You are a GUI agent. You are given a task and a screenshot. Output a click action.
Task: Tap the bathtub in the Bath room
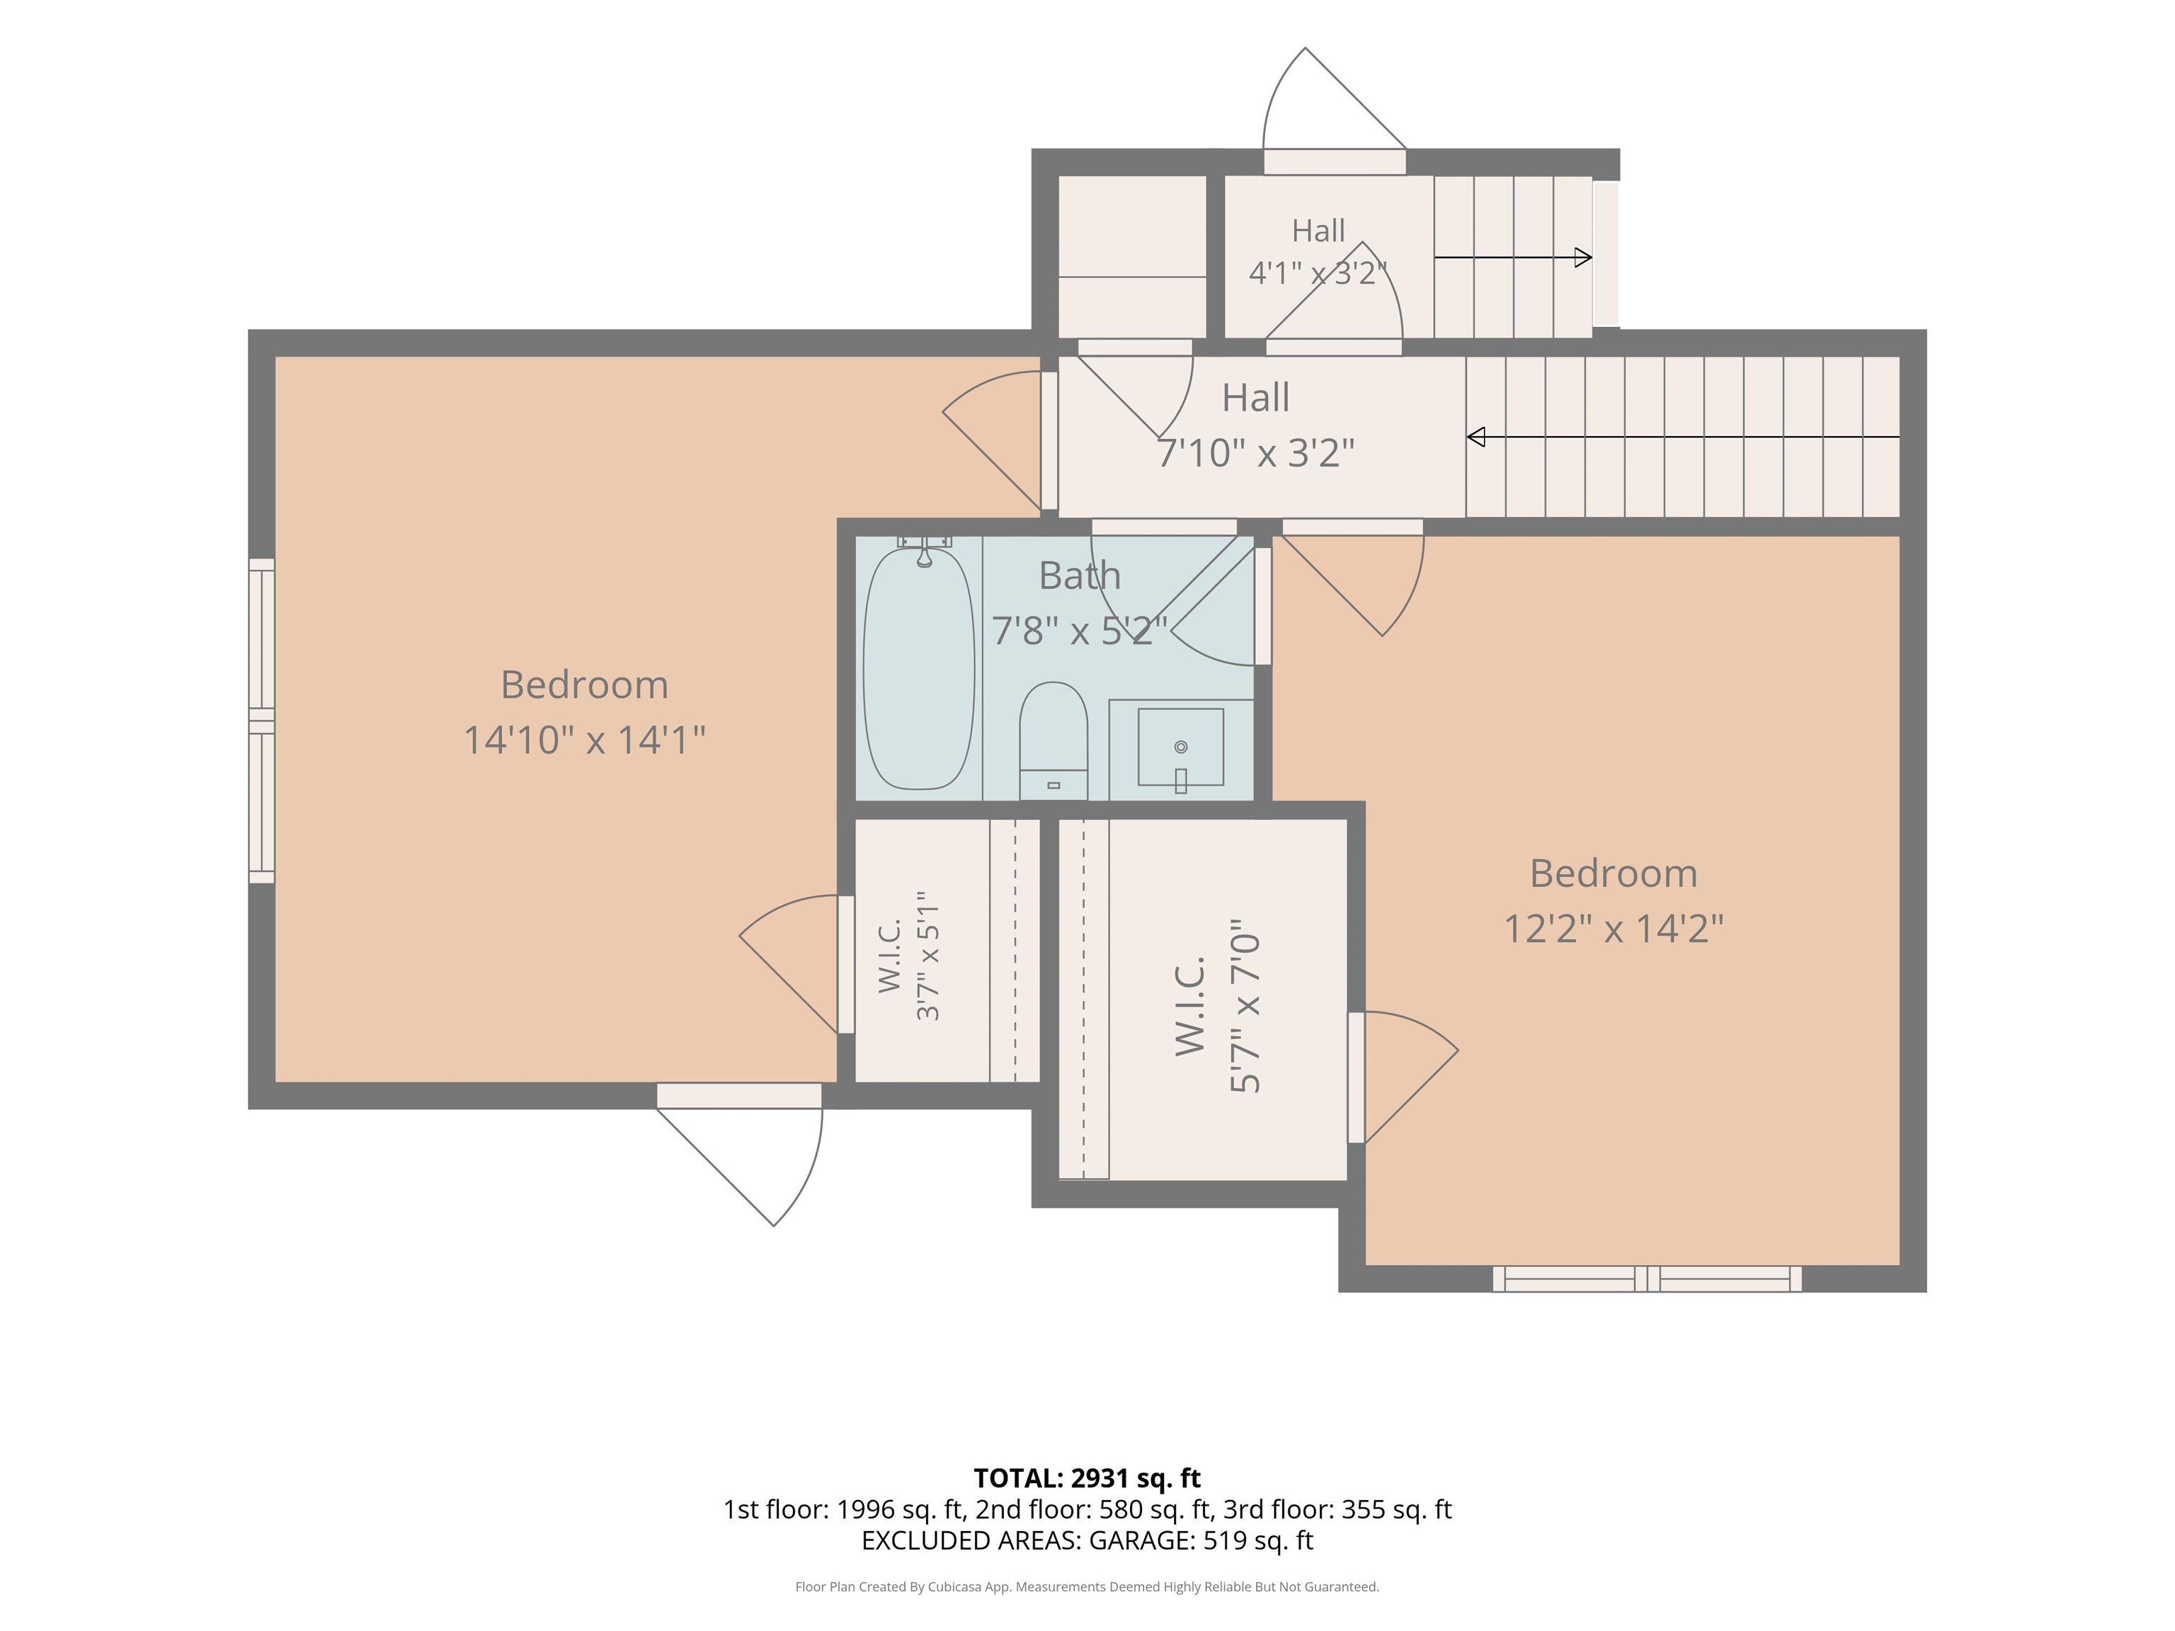tap(918, 668)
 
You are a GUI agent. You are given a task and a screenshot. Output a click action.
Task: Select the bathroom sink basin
tap(1181, 747)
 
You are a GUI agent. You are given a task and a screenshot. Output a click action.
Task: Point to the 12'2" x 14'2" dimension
tap(1614, 928)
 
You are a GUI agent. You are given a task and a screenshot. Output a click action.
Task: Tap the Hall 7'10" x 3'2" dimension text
tap(1255, 453)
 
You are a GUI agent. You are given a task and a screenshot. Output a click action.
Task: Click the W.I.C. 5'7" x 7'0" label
tap(1217, 1006)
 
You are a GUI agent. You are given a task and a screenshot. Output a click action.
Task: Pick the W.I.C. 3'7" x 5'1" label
tap(910, 956)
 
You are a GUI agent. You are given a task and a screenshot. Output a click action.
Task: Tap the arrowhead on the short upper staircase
tap(1583, 258)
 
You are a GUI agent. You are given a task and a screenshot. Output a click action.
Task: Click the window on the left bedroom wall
tap(261, 721)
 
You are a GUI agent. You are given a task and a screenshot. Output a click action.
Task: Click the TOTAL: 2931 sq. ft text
tap(1087, 1479)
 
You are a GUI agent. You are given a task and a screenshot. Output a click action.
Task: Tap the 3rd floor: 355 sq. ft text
tap(1337, 1509)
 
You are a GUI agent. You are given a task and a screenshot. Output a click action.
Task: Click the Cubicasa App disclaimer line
tap(1087, 1587)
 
